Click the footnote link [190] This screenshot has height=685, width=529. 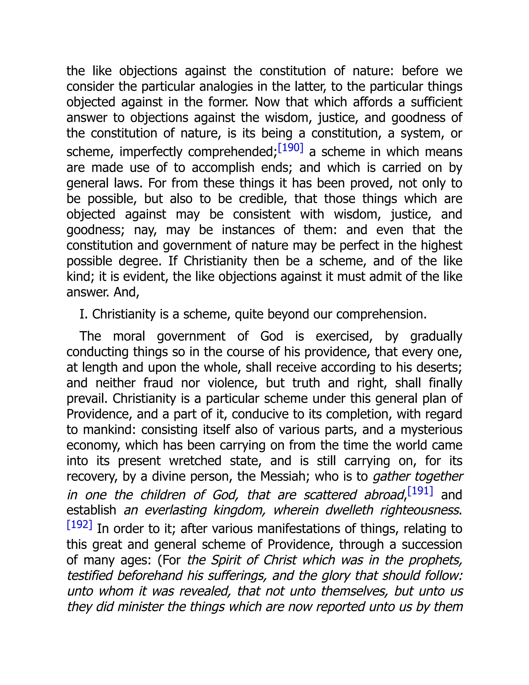point(291,148)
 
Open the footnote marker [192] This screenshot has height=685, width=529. point(80,524)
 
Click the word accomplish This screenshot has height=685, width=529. point(223,168)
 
